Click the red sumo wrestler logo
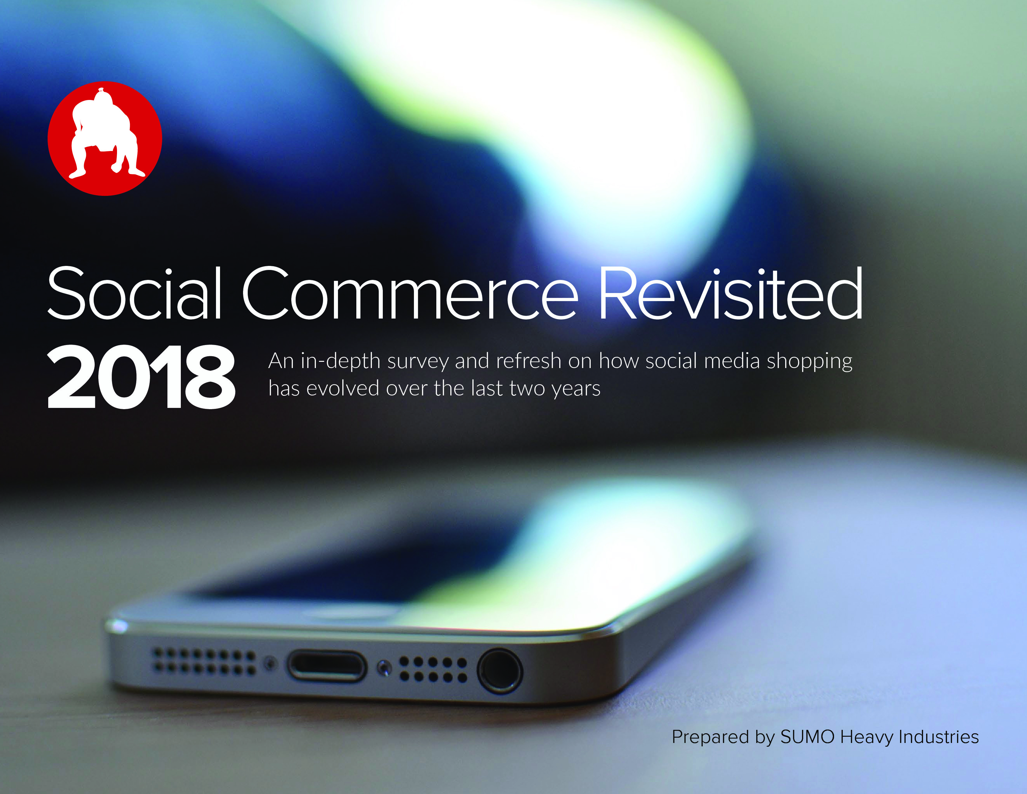(105, 139)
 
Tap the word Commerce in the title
(410, 293)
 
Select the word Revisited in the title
(731, 293)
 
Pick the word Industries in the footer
(939, 737)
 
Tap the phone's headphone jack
(499, 671)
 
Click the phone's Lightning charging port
(327, 665)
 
